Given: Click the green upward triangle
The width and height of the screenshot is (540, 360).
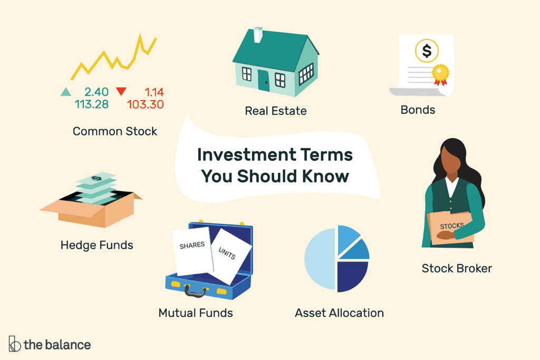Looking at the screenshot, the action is tap(66, 92).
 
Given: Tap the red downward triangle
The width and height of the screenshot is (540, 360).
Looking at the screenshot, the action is tap(121, 91).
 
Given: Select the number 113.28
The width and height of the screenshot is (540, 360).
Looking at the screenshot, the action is tap(92, 104).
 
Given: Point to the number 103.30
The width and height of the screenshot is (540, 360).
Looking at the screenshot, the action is tap(146, 104).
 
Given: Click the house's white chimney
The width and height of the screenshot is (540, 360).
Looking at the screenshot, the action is tap(258, 35).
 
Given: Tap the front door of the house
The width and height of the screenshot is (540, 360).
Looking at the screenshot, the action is tap(264, 81).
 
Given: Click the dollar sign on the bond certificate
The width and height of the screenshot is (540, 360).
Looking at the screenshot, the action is tap(427, 51).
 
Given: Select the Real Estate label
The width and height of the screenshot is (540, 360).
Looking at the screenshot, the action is tap(275, 111).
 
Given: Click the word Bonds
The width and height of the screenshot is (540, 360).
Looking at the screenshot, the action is tap(418, 110).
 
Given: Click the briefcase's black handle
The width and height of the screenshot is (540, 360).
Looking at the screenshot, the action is tap(195, 291).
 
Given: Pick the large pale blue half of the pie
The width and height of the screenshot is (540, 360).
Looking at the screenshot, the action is tap(320, 259).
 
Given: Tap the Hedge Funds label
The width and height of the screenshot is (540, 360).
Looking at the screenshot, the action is tap(97, 245).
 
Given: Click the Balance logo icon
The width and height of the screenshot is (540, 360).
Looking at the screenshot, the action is tap(14, 344).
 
